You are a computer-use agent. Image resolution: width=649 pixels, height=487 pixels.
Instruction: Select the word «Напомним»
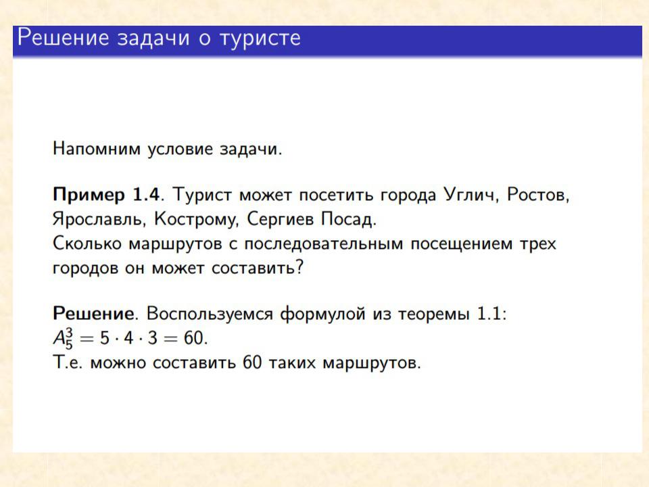[x=97, y=149]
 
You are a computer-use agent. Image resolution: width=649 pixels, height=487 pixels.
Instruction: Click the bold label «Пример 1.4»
[x=106, y=195]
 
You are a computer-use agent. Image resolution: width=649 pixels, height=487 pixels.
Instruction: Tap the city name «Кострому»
[x=196, y=220]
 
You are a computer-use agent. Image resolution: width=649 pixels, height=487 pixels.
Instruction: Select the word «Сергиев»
[x=280, y=219]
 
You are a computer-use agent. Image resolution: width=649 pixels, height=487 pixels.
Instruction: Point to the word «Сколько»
[x=87, y=243]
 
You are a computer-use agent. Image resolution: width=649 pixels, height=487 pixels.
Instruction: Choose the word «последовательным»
[x=323, y=244]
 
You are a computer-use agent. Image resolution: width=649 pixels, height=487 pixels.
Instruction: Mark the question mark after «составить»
[x=299, y=267]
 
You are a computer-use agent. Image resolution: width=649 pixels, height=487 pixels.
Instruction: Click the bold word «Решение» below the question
[x=93, y=313]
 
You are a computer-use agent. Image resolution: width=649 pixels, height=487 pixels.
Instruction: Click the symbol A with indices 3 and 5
[x=63, y=338]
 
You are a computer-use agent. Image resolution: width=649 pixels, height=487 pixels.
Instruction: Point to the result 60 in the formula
[x=193, y=338]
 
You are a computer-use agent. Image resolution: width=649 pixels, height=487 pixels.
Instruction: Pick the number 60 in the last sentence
[x=252, y=363]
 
